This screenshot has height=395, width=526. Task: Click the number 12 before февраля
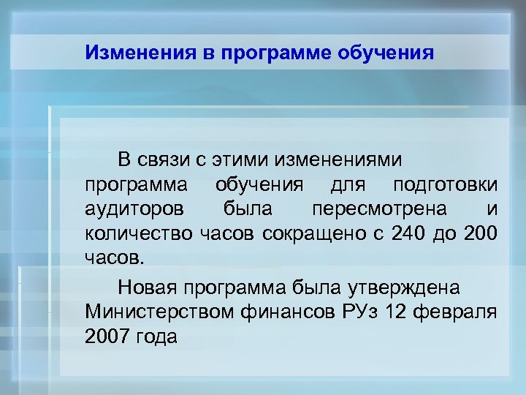399,311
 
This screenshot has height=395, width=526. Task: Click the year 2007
106,336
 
